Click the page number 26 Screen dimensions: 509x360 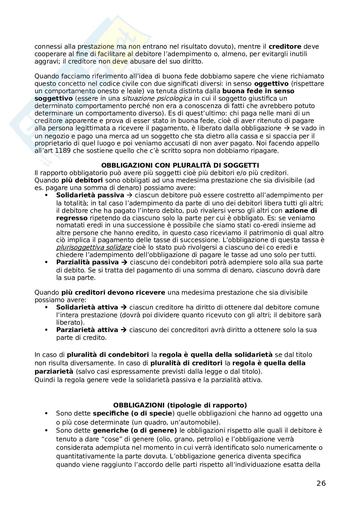click(x=321, y=483)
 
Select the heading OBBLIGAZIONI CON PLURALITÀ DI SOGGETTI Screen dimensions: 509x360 click(x=180, y=166)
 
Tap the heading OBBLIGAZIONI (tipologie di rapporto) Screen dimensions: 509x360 click(x=180, y=405)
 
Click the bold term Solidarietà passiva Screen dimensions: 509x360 click(x=90, y=195)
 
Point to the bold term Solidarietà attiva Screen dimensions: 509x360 click(x=87, y=307)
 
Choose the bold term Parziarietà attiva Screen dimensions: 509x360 click(x=87, y=330)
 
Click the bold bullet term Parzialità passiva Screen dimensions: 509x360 click(x=87, y=262)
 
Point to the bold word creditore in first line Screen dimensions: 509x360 click(x=285, y=46)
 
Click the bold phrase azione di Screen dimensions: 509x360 click(x=301, y=210)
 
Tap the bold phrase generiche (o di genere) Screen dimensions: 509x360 click(x=135, y=430)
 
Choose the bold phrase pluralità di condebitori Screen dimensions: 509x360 click(x=108, y=355)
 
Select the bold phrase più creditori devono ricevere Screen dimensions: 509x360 click(x=113, y=292)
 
